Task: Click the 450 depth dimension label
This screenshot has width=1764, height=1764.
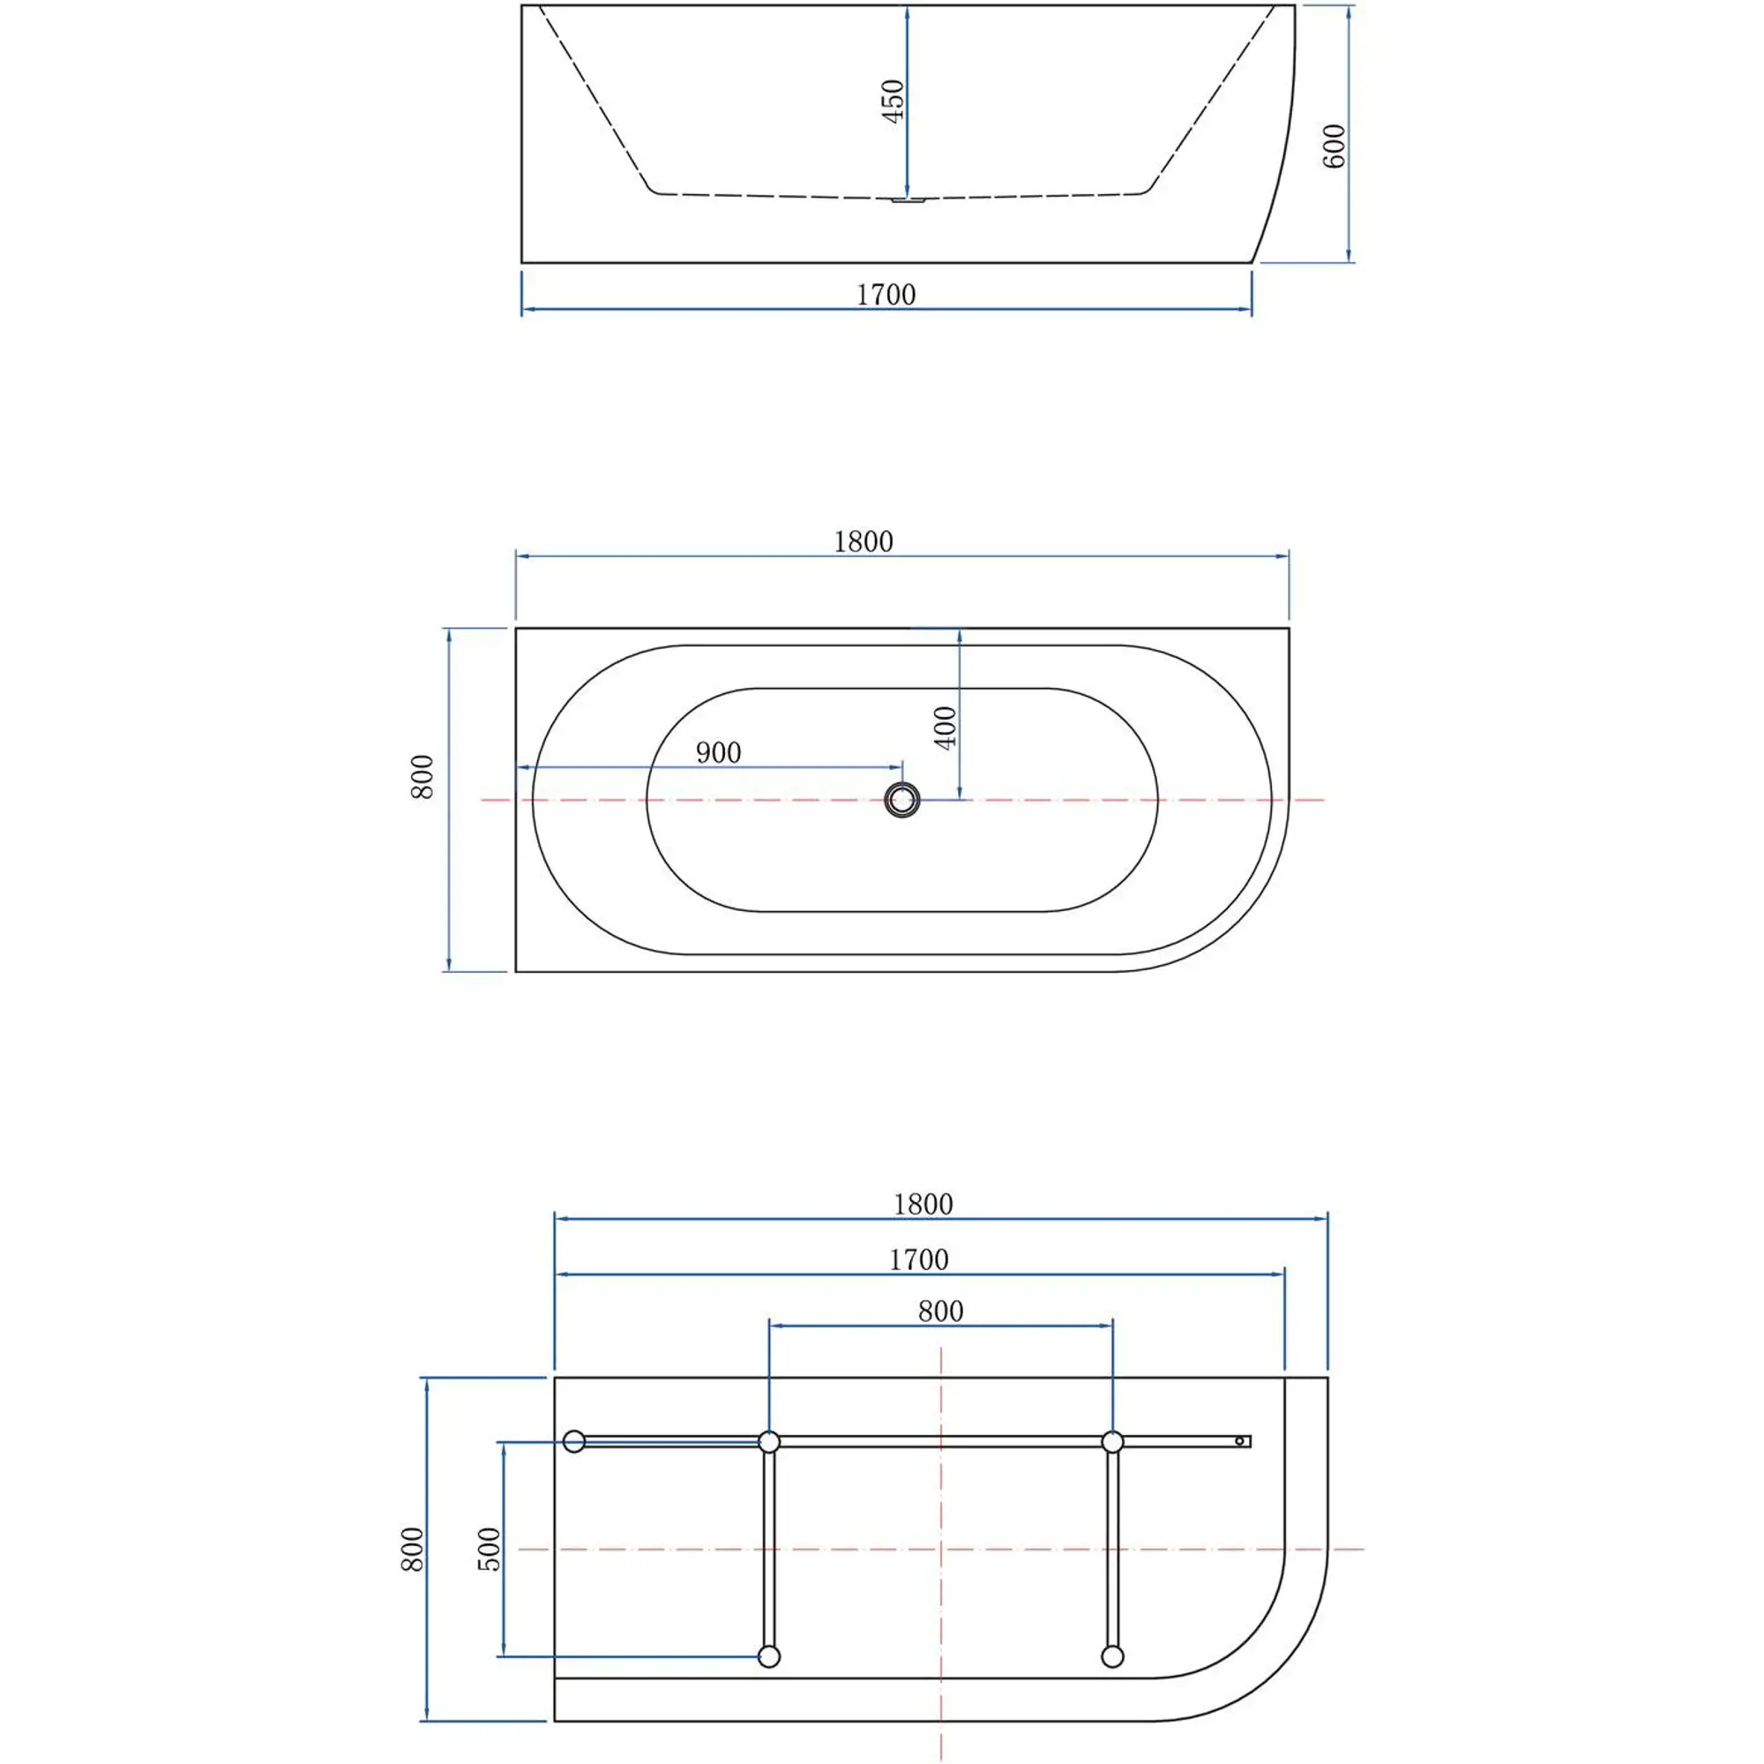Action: [893, 101]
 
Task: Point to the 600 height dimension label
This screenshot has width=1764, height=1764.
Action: [1334, 146]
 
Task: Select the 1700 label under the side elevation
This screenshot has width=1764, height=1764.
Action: [886, 295]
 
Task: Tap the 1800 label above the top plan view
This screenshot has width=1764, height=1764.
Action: [863, 542]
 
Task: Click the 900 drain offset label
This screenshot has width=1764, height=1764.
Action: [719, 752]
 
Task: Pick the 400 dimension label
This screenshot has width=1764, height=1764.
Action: [946, 728]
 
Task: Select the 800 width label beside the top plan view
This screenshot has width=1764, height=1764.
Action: [422, 777]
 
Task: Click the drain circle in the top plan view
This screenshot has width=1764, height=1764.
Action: [902, 800]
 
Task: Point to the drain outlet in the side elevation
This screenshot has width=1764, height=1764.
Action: [908, 198]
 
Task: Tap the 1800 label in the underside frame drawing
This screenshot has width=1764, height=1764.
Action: [923, 1205]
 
